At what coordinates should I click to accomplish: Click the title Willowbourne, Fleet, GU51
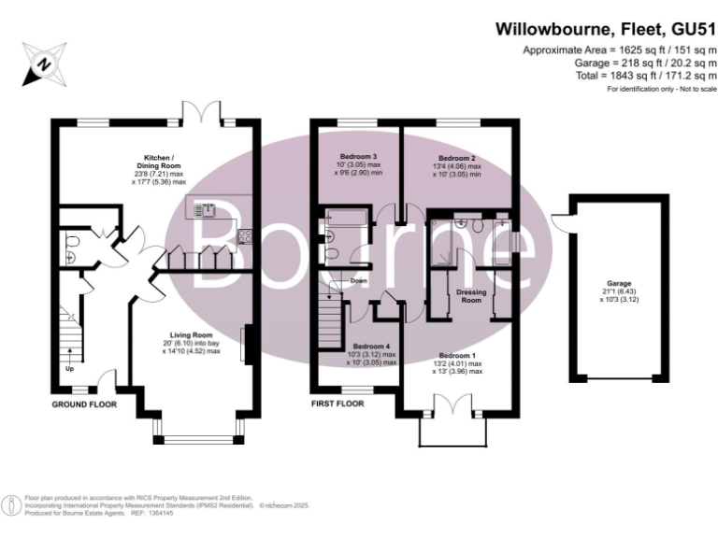606,29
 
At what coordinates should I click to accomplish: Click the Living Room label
191,334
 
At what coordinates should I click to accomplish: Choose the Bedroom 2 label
457,158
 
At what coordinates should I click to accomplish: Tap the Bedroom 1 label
457,356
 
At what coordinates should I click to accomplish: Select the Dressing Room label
469,296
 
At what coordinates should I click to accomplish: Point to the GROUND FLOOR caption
84,405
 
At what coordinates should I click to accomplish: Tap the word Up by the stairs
69,368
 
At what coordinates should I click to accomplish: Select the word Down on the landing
359,280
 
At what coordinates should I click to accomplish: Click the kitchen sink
205,209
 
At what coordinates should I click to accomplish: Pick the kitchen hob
247,235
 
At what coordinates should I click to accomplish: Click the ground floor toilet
71,248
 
